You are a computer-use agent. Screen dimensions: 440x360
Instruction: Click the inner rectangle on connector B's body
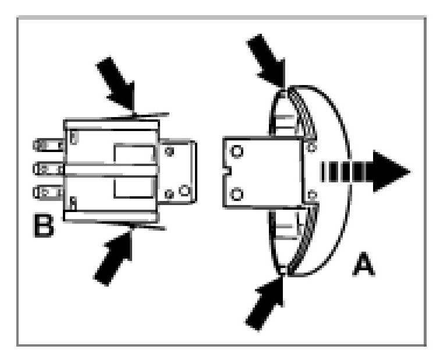point(134,171)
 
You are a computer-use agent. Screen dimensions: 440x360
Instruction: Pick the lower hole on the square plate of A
point(237,193)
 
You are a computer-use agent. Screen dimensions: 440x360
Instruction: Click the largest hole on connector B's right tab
point(184,190)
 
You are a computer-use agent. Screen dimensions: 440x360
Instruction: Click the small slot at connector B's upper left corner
point(73,137)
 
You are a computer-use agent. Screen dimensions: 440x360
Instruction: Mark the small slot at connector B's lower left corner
point(73,203)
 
